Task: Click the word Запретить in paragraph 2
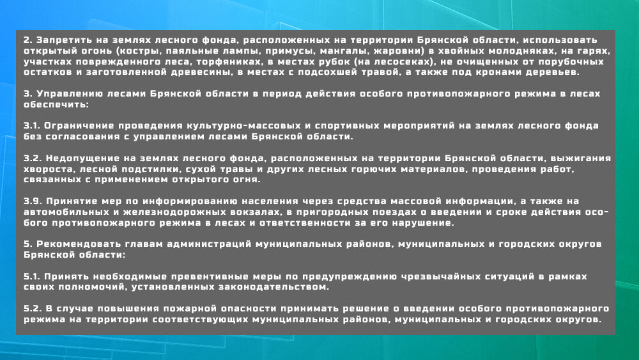click(60, 40)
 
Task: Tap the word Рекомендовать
click(78, 244)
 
